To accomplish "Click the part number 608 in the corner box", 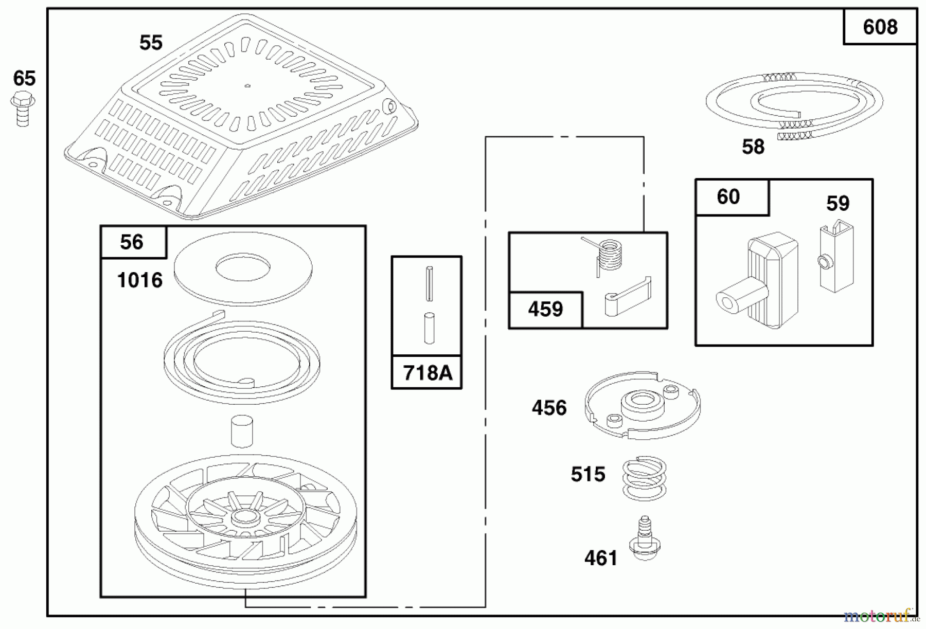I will (880, 27).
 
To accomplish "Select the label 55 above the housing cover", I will (151, 43).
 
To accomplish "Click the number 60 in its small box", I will (728, 196).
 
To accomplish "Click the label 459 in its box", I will (545, 309).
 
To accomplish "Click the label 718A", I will (427, 373).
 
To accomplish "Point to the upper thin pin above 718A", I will (430, 283).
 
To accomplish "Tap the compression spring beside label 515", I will (644, 478).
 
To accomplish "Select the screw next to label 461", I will (645, 541).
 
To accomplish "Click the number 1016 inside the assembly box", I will (140, 281).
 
